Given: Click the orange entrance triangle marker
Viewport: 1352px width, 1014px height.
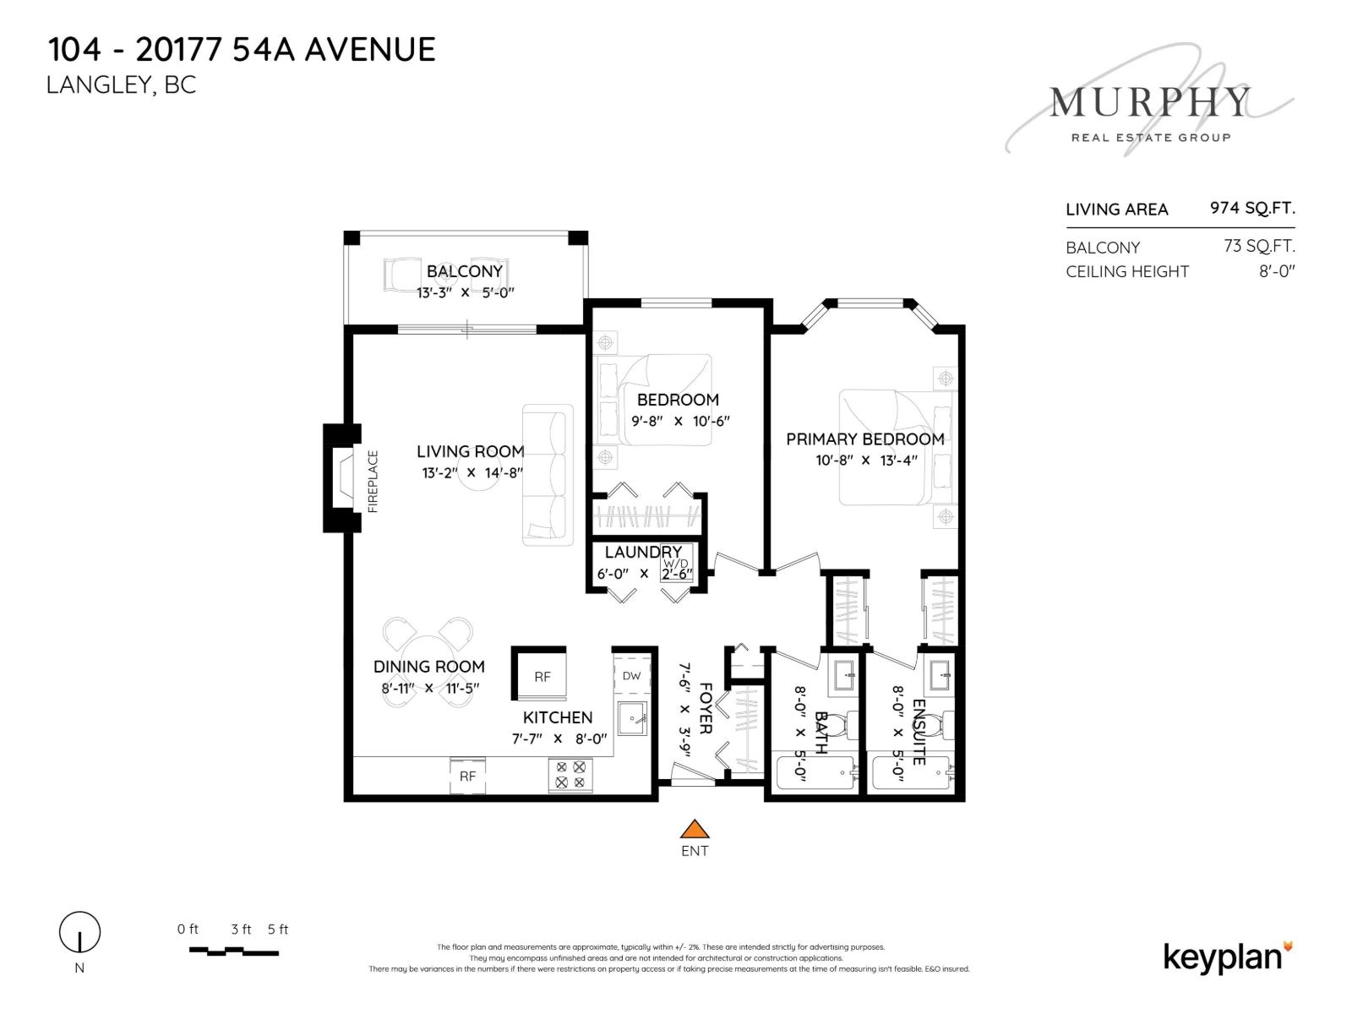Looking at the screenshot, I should (694, 829).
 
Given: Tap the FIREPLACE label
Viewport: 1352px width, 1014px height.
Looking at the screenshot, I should (373, 481).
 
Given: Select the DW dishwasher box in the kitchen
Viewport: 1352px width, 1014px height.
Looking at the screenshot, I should (632, 675).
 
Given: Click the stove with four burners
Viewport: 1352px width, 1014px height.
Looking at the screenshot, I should (570, 775).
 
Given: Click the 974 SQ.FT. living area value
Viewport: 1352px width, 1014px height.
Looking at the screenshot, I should (1252, 208).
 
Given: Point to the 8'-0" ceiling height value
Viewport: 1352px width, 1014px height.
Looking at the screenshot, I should (1277, 271).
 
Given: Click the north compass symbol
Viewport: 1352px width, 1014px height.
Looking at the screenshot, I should (79, 934).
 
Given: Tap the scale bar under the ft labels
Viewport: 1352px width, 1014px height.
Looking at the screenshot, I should (233, 951).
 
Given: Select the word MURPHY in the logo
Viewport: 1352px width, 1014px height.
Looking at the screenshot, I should (1149, 103).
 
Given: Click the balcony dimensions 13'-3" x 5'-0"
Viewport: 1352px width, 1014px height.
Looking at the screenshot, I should (465, 293).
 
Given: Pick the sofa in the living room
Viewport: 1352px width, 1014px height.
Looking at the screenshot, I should (547, 474).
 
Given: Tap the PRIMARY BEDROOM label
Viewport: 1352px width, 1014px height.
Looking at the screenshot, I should (865, 439).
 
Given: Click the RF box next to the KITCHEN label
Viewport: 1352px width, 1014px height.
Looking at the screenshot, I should (542, 676).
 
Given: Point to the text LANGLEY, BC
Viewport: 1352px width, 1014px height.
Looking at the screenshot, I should (121, 85).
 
